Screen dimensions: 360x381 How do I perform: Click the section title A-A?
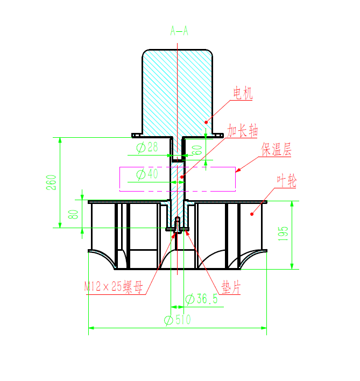[179, 31]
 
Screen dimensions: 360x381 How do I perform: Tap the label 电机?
[243, 93]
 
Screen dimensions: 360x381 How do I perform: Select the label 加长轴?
[243, 130]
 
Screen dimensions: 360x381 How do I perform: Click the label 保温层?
[277, 149]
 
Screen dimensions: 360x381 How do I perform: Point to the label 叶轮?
[287, 180]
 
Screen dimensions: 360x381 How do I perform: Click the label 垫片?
[231, 287]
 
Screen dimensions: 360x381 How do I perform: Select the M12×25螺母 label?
[114, 287]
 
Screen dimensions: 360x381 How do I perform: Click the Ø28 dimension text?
[147, 147]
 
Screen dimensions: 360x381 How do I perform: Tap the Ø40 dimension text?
[147, 174]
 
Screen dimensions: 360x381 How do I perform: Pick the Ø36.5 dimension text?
[202, 299]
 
